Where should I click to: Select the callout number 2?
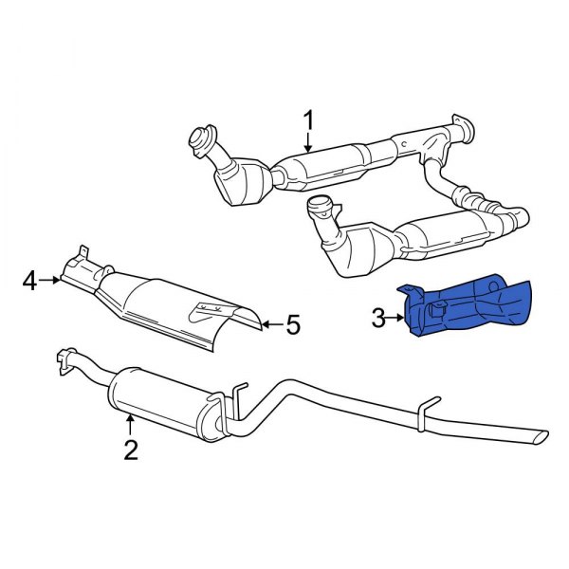[131, 449]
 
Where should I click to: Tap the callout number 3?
[378, 319]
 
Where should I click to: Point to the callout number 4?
[30, 281]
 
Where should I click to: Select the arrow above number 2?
[131, 424]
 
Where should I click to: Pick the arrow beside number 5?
[270, 325]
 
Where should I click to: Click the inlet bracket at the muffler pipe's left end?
[64, 358]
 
